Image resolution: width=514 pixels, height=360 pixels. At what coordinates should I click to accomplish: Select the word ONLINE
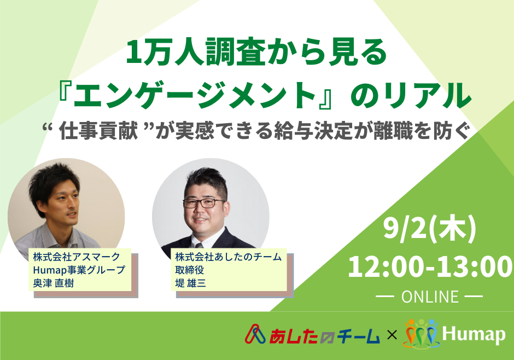point(430,297)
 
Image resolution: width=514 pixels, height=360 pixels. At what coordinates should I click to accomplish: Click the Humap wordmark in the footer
point(474,334)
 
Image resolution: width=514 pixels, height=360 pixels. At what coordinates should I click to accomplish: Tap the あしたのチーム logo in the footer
point(312,334)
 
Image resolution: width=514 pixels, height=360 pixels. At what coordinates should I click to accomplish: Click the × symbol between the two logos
point(392,335)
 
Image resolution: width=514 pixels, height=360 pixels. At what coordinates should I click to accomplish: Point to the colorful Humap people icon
point(421,334)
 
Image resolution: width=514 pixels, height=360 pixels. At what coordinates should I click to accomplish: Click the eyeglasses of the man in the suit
point(203,203)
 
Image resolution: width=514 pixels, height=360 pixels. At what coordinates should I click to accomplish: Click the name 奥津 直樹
point(54,283)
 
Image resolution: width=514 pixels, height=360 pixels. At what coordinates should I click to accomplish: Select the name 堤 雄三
point(190,283)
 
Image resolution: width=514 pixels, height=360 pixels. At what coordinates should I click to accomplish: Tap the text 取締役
point(190,270)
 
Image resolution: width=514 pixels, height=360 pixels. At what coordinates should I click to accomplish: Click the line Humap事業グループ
point(79,270)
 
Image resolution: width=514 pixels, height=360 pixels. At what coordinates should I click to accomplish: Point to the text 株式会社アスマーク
point(77,257)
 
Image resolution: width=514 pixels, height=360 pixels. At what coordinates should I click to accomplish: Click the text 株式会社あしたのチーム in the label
point(229,257)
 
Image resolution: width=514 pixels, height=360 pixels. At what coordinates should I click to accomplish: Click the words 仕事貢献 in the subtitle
point(98,131)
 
